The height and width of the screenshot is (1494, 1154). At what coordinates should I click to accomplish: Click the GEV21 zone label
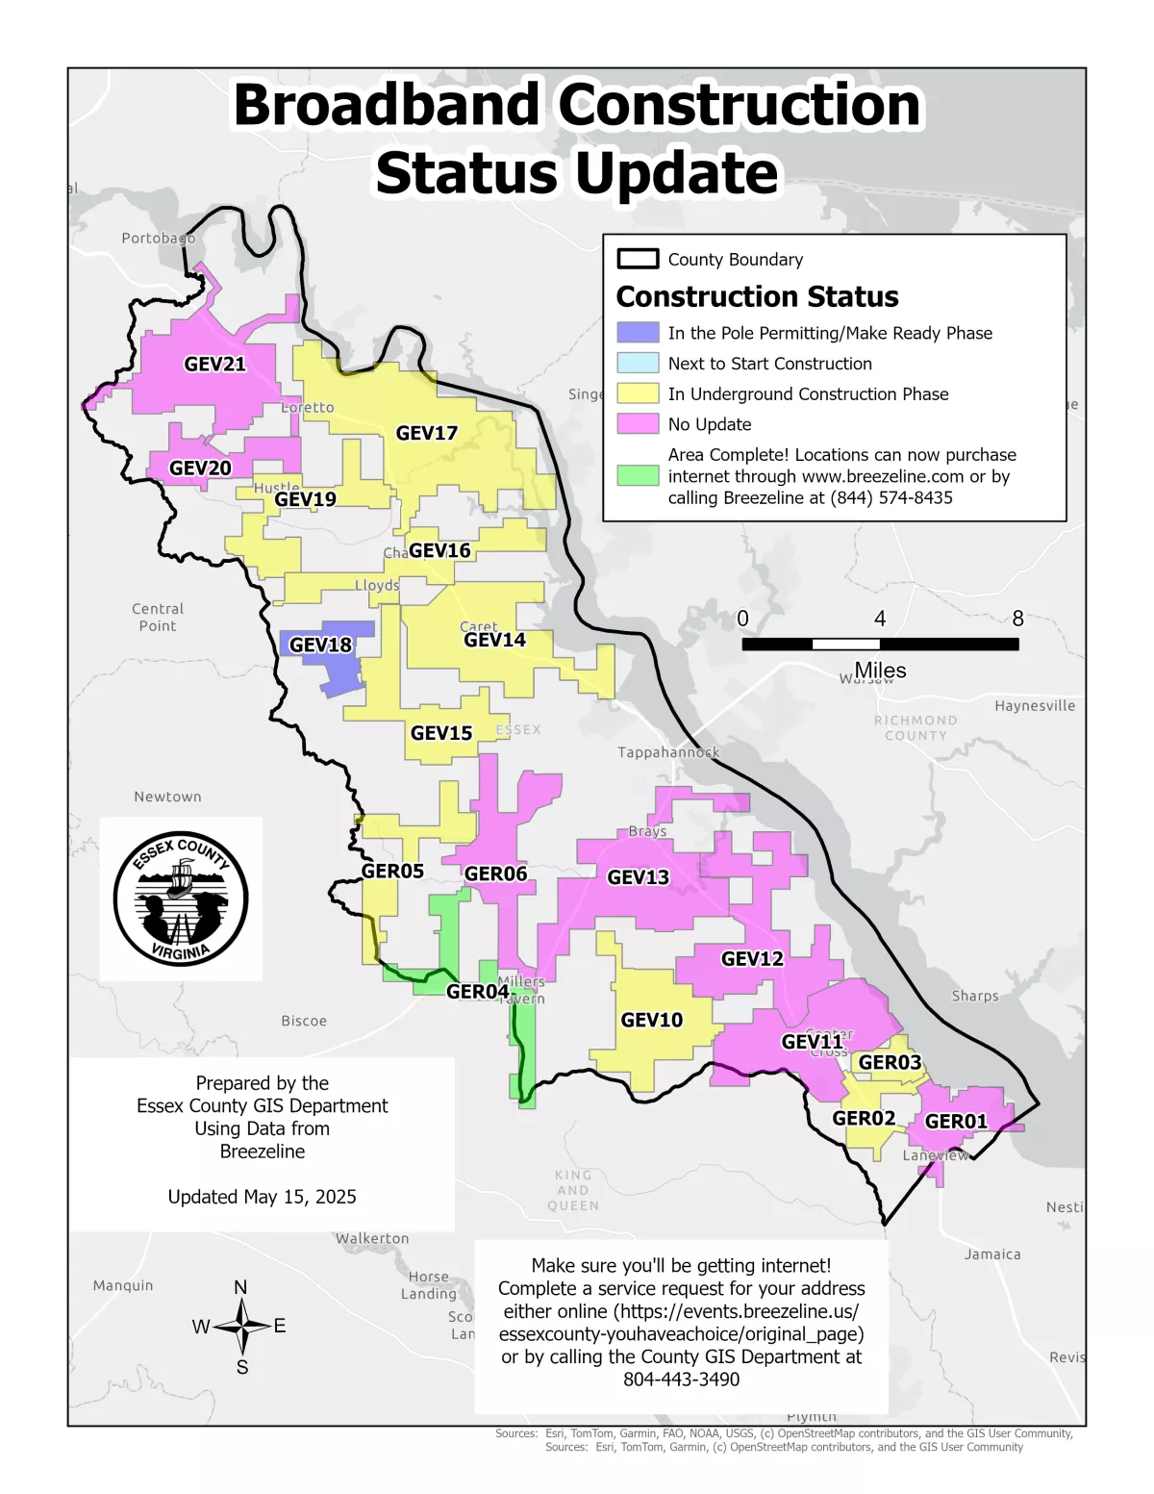tap(215, 365)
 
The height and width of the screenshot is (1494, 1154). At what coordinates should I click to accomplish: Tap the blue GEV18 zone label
tap(320, 646)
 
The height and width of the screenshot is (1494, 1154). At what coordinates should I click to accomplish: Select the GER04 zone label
tap(478, 992)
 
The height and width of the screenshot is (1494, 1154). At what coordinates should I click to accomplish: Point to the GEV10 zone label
tap(652, 1021)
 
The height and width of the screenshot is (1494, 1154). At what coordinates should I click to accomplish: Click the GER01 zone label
tap(956, 1122)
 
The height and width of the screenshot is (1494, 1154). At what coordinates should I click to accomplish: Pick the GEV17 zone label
tap(427, 434)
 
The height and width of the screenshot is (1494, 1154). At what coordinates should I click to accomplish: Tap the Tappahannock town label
tap(668, 752)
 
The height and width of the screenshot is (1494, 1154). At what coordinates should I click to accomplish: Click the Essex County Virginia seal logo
tap(181, 899)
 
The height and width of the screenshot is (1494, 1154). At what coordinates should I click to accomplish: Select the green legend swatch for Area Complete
tap(638, 475)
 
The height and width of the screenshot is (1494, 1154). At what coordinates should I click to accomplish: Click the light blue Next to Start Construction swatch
tap(638, 364)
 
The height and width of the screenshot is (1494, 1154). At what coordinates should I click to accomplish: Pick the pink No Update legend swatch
tap(638, 424)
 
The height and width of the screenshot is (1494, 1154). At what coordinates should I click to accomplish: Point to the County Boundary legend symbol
tap(638, 260)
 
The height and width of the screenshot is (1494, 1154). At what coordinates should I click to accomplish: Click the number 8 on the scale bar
tap(1017, 620)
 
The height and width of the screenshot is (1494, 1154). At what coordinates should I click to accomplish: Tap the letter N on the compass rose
tap(240, 1288)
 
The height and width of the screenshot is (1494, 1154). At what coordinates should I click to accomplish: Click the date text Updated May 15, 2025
tap(262, 1197)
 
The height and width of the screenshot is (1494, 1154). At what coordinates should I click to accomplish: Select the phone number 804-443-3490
tap(681, 1380)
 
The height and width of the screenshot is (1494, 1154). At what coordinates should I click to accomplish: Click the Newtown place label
tap(167, 797)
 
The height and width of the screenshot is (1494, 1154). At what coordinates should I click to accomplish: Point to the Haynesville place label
tap(1035, 706)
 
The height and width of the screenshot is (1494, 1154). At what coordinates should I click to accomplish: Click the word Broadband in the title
tap(388, 105)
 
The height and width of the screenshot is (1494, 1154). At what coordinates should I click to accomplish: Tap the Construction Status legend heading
tap(757, 297)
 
